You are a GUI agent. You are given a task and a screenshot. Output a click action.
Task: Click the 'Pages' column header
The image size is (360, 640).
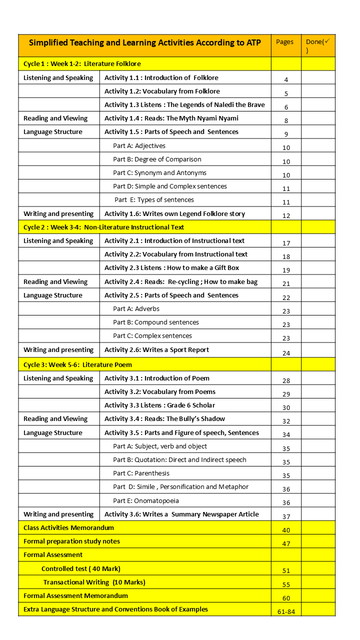pos(285,42)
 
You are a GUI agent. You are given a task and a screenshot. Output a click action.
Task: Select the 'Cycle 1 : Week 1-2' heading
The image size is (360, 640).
pos(82,64)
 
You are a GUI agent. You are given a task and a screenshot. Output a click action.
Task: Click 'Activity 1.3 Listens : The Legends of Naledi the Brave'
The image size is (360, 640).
pos(184,105)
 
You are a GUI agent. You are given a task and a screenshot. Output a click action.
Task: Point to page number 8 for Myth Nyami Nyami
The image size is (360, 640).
pos(286,120)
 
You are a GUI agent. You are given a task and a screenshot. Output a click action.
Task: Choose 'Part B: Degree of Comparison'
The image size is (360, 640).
pos(157,159)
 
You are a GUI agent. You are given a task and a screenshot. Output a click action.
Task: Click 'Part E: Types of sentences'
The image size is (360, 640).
pos(154,200)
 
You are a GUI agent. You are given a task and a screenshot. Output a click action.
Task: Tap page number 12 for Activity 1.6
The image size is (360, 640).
pos(286,216)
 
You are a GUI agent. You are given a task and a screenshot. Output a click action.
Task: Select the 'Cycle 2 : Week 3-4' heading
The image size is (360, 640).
pos(103,227)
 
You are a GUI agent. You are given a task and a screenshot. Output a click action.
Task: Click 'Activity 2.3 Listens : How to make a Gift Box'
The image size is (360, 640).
pos(172,268)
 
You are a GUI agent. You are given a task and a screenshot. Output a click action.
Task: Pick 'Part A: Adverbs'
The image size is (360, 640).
pos(136,309)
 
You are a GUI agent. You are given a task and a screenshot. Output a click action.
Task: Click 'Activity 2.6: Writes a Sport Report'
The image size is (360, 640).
pos(156,350)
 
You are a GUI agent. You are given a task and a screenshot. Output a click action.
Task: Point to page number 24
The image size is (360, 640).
pos(286,353)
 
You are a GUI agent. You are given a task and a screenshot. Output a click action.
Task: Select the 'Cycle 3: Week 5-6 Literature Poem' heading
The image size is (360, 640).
pos(77,364)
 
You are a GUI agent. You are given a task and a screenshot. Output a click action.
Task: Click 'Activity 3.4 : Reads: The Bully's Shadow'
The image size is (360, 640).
pos(164,419)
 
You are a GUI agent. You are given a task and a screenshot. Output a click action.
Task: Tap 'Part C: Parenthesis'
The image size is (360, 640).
pos(141,473)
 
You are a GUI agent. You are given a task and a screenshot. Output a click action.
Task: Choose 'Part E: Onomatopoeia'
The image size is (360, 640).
pos(145,500)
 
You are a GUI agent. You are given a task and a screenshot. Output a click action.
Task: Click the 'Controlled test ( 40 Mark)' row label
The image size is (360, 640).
pos(80,568)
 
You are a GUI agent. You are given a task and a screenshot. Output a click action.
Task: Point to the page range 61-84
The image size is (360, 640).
pos(286,611)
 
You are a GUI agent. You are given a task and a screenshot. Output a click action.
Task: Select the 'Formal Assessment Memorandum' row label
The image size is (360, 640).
pos(75,595)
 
